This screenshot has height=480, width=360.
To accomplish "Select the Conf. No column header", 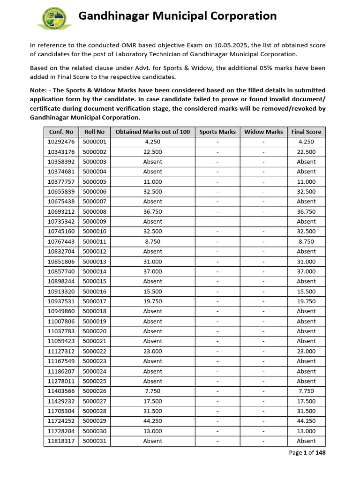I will [x=61, y=132].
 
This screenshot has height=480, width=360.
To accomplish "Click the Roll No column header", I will [x=94, y=132].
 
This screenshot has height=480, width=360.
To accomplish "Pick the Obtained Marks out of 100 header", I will [x=153, y=132].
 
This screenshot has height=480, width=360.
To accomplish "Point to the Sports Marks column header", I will [x=217, y=132].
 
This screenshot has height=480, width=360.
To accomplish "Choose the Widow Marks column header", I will [x=263, y=132].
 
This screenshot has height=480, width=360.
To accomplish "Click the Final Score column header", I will [x=306, y=132].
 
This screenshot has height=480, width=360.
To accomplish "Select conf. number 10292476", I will [x=61, y=142].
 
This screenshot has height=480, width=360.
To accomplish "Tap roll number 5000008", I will [x=94, y=211].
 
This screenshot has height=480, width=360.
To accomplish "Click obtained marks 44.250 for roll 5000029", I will [x=153, y=421].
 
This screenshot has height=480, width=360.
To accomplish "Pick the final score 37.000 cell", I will [x=306, y=271].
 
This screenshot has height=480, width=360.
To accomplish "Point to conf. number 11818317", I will [x=61, y=441].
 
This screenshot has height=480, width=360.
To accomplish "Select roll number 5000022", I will [x=94, y=351].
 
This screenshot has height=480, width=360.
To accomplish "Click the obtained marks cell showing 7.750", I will [x=153, y=391].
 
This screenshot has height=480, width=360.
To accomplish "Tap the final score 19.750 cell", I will [x=306, y=301].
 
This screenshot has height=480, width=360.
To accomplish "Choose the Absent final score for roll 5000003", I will [x=306, y=162].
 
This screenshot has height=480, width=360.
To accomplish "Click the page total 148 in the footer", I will [x=321, y=452].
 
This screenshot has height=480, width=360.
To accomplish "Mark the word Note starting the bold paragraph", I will [x=38, y=90].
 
